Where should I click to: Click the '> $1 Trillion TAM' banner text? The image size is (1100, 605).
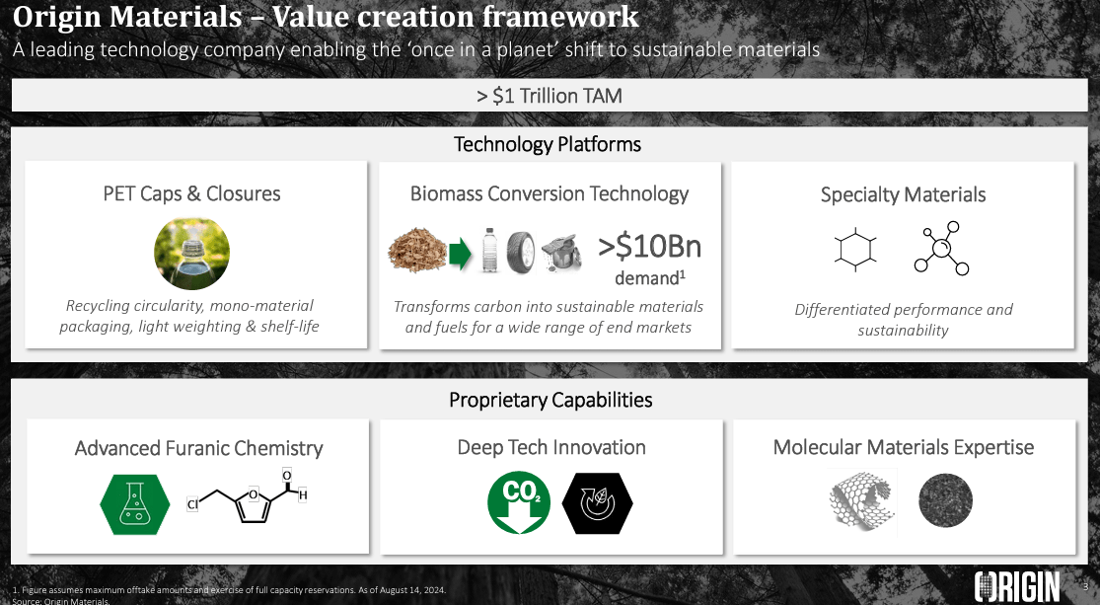coord(549,96)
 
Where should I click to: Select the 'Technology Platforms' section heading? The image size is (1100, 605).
coord(548,145)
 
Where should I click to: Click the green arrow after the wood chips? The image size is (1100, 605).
coord(460,253)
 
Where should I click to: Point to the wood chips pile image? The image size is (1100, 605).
coord(417,252)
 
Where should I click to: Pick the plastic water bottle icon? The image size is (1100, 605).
coord(488,253)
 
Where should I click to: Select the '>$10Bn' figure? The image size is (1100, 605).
coord(649,245)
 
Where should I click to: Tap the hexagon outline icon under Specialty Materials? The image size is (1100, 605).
coord(853,249)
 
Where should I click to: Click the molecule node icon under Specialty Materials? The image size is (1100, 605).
coord(940,249)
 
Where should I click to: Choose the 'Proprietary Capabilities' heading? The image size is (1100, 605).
coord(550,400)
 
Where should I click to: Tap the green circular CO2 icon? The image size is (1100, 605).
coord(519,502)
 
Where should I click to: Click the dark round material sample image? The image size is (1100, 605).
coord(944,501)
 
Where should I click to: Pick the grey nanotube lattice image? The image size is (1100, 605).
coord(860,501)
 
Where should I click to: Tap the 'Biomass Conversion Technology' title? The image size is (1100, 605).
coord(550,193)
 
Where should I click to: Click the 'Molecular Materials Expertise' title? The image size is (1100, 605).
coord(903,447)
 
